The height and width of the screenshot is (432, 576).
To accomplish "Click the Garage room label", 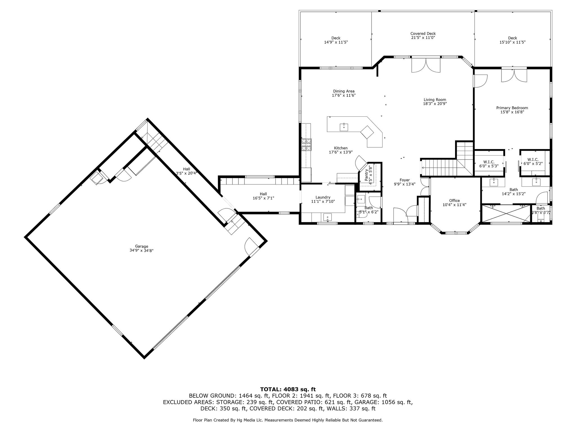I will pyautogui.click(x=141, y=246).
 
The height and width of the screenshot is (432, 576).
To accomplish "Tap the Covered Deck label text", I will pyautogui.click(x=423, y=33).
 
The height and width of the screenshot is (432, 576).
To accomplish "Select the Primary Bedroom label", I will pyautogui.click(x=512, y=108).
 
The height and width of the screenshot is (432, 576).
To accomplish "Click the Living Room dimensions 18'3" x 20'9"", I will pyautogui.click(x=435, y=103).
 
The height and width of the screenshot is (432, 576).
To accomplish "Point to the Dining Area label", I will pyautogui.click(x=344, y=91).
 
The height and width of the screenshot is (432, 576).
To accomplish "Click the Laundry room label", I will pyautogui.click(x=323, y=197).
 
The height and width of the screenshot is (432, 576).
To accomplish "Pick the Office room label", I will pyautogui.click(x=454, y=201).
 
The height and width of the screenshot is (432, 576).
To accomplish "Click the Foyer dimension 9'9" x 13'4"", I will pyautogui.click(x=404, y=184).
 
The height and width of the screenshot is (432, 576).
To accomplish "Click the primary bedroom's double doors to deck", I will pyautogui.click(x=514, y=75).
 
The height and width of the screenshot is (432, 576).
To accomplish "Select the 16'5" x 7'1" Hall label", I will pyautogui.click(x=263, y=198).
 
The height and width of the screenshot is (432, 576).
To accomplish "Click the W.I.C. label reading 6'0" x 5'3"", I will pyautogui.click(x=489, y=166).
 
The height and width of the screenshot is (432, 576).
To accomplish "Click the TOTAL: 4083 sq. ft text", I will pyautogui.click(x=288, y=389).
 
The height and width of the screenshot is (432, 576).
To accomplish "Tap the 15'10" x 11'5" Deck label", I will pyautogui.click(x=512, y=42).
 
